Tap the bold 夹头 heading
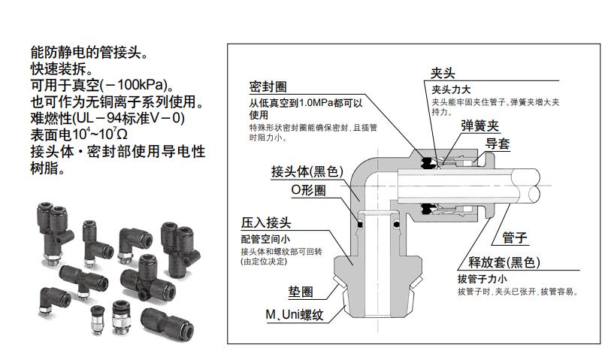tap(442, 74)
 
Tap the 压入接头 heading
tap(265, 223)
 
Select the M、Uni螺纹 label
tap(292, 314)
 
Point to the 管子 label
tap(514, 238)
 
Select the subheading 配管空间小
tap(263, 238)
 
